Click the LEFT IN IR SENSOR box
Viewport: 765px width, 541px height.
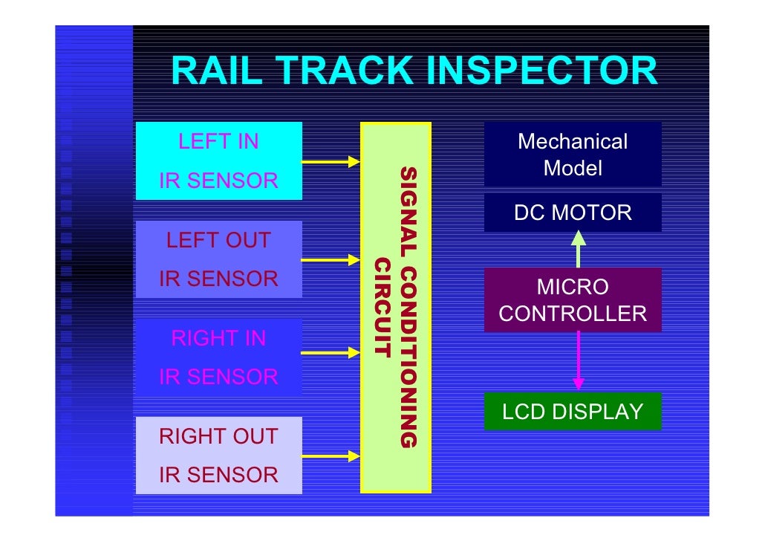click(218, 161)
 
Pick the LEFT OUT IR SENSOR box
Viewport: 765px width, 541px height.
click(218, 259)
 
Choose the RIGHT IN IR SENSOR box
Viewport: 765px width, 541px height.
click(218, 357)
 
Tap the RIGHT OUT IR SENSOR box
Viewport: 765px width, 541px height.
click(218, 455)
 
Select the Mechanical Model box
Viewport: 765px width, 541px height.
click(573, 155)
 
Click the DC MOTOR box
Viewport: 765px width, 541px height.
click(573, 213)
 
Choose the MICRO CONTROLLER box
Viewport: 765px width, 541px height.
click(573, 300)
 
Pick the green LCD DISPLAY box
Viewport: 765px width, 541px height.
click(573, 412)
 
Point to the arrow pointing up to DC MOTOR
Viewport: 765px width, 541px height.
click(578, 249)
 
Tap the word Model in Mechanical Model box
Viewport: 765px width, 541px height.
click(573, 168)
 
